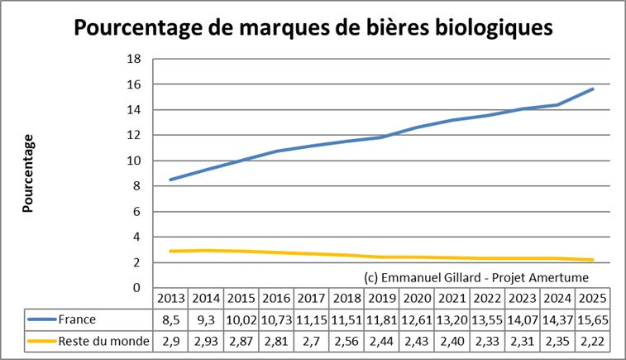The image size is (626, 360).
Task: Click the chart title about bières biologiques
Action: (313, 27)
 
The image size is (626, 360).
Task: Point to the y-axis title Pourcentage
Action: (27, 173)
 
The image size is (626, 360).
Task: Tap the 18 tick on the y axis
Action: (135, 59)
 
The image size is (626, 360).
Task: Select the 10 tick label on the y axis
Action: (135, 161)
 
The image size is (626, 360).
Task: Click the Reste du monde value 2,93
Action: (207, 339)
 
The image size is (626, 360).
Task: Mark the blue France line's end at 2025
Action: (592, 89)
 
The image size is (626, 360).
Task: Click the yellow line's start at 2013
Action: (170, 251)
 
